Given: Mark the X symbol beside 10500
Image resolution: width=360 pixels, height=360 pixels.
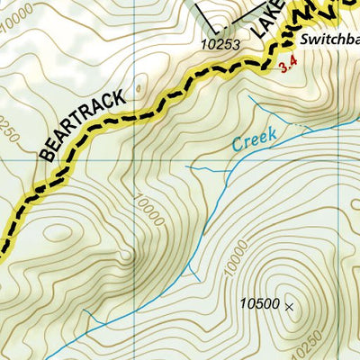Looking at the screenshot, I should [x=289, y=307].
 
